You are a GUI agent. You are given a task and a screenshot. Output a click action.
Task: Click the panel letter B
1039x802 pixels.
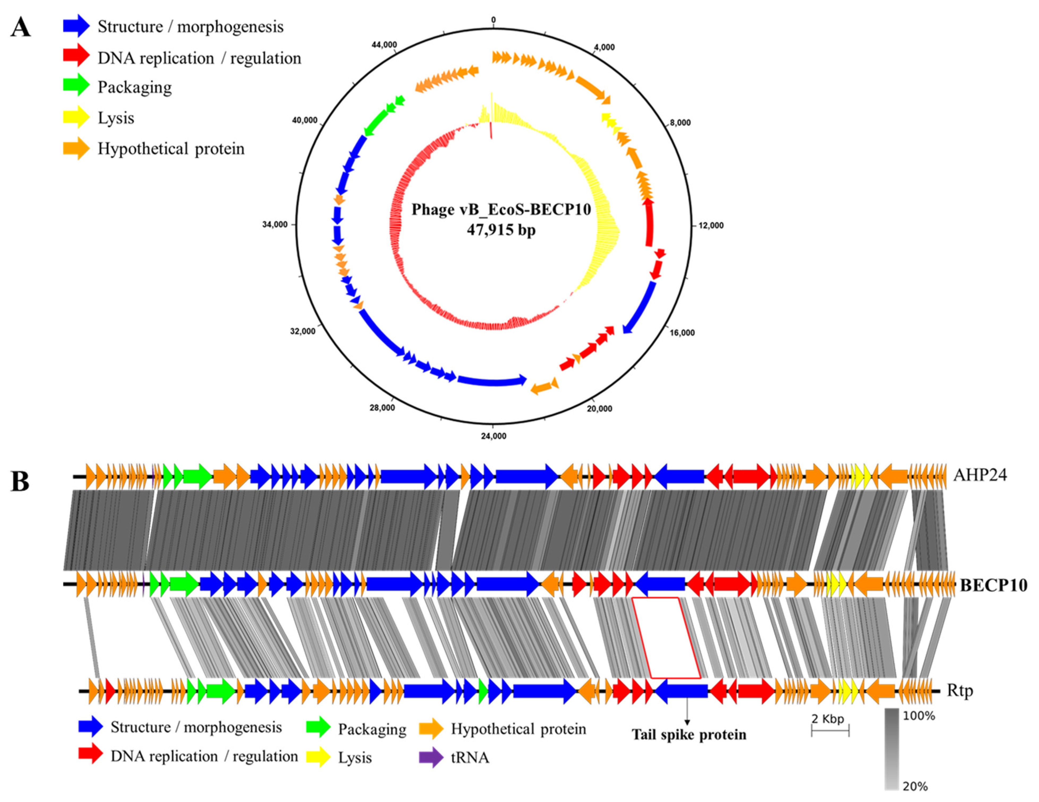[20, 482]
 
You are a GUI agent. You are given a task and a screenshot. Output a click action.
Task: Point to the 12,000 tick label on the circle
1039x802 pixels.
[711, 225]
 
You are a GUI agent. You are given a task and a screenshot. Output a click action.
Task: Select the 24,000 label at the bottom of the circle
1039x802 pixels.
[493, 436]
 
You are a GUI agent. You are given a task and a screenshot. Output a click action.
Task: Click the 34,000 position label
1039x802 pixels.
[275, 225]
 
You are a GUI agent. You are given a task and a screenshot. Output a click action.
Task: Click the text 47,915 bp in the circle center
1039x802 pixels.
[501, 230]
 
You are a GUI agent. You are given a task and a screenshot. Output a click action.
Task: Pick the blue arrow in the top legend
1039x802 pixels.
[76, 26]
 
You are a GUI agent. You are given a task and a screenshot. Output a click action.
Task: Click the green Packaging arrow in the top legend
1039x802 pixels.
[76, 86]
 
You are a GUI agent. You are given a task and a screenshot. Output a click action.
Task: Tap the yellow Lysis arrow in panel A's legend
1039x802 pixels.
[76, 117]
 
